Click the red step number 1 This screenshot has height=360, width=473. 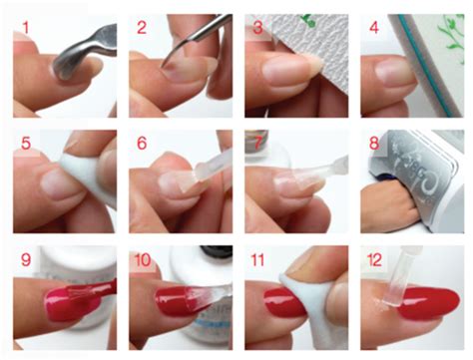point(26,28)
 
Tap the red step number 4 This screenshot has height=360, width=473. point(374,28)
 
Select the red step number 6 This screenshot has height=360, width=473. point(142,144)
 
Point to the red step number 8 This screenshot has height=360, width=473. point(374,144)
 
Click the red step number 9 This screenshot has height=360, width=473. point(26,259)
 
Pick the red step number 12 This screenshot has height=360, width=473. point(374,259)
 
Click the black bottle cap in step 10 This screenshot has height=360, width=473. point(217,251)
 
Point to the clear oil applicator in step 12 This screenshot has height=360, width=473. point(393,279)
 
